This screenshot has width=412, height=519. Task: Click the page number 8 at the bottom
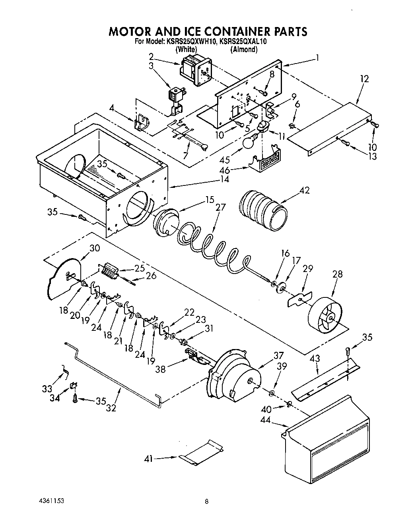pyautogui.click(x=206, y=502)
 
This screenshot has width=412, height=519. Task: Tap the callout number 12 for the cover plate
pyautogui.click(x=364, y=79)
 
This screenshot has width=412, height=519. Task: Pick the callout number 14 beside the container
pyautogui.click(x=225, y=179)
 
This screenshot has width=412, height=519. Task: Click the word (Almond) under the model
pyautogui.click(x=244, y=49)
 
